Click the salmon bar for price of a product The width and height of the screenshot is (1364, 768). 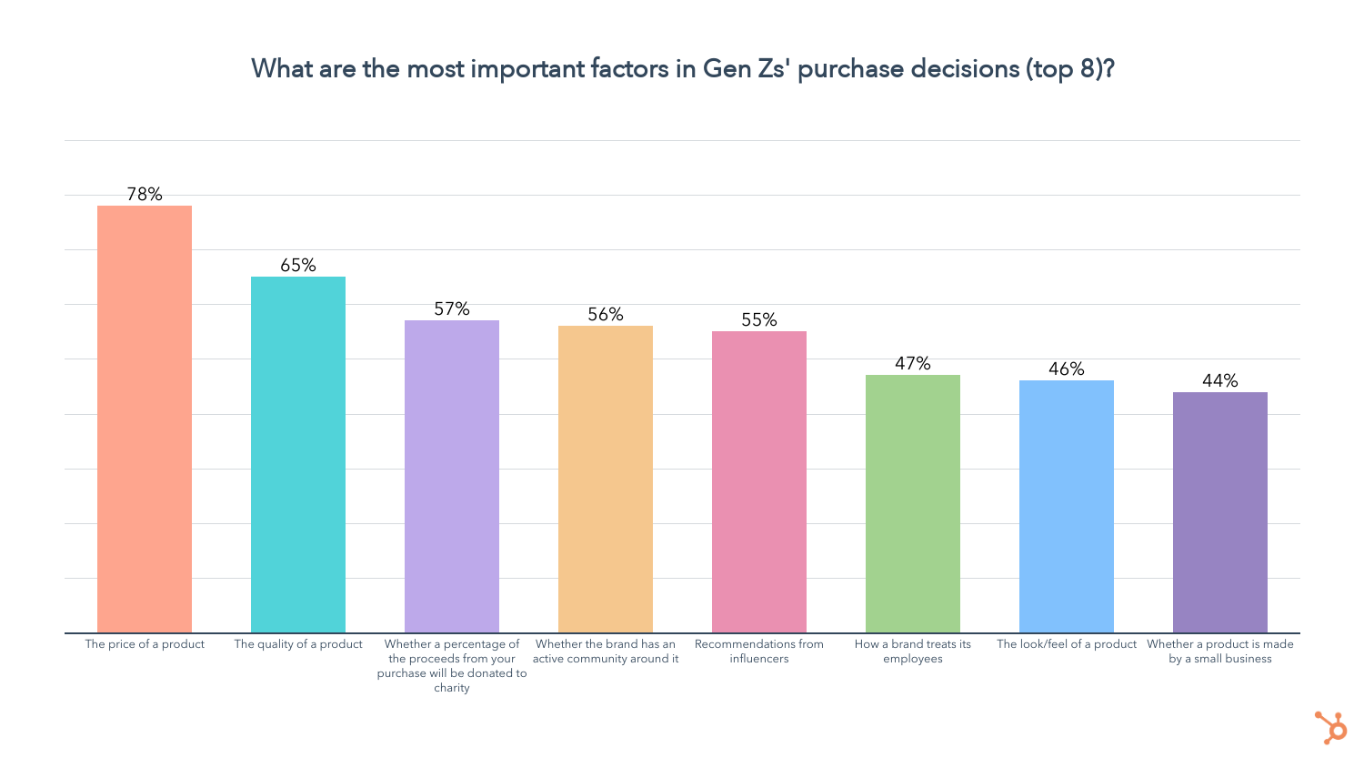(x=145, y=419)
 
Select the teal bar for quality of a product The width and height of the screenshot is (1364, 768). (x=298, y=454)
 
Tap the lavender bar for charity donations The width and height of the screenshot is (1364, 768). (x=452, y=476)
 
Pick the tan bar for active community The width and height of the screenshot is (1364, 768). (x=606, y=479)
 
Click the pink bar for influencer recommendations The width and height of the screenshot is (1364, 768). (x=759, y=481)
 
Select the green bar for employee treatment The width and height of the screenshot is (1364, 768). (x=913, y=503)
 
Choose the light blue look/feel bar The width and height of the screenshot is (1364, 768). (x=1067, y=506)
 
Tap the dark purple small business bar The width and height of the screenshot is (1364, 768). (x=1220, y=512)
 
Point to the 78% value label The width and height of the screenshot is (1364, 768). (x=145, y=194)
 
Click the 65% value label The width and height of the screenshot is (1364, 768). (x=298, y=265)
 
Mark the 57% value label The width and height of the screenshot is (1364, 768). (x=452, y=308)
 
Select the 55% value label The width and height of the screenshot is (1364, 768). (x=759, y=319)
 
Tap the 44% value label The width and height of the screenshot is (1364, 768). (x=1220, y=380)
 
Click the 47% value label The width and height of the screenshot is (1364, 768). (x=913, y=363)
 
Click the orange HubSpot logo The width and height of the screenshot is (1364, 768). (x=1331, y=727)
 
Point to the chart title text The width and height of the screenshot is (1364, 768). (x=682, y=69)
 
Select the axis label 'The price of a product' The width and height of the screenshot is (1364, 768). (x=145, y=644)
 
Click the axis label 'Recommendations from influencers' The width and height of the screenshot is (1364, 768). (x=759, y=651)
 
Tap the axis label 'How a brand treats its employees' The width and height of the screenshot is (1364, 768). (x=913, y=651)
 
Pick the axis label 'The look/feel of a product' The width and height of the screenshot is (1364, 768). (x=1067, y=644)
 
